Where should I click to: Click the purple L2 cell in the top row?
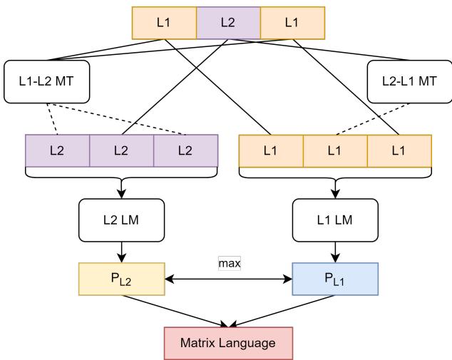tap(228, 23)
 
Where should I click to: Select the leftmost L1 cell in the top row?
tap(164, 23)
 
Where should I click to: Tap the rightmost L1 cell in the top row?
tap(292, 23)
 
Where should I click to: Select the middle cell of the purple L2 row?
tap(121, 150)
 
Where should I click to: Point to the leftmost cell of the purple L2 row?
tap(57, 150)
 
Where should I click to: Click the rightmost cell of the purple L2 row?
tap(185, 150)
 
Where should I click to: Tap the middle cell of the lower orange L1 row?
tap(335, 150)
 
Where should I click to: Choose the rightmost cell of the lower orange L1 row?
tap(399, 150)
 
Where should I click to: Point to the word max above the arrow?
tap(230, 264)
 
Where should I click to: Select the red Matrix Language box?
tap(228, 343)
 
